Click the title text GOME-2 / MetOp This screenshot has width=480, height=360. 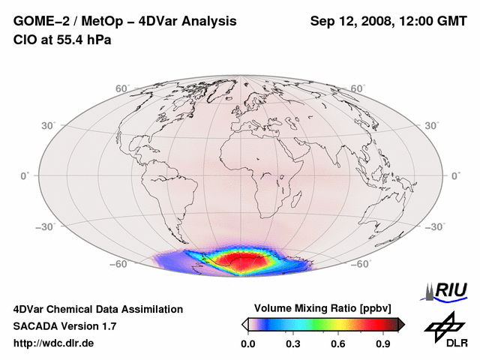pyautogui.click(x=61, y=21)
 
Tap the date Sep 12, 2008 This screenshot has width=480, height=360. pyautogui.click(x=351, y=21)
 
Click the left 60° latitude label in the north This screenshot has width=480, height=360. pyautogui.click(x=122, y=88)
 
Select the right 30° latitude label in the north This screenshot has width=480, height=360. pyautogui.click(x=433, y=124)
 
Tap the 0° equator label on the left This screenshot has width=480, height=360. pyautogui.click(x=25, y=175)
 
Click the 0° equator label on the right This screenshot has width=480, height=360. pyautogui.click(x=455, y=175)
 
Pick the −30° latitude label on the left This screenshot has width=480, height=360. pyautogui.click(x=45, y=226)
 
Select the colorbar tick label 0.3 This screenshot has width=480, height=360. pyautogui.click(x=293, y=344)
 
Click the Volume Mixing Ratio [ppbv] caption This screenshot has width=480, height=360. pyautogui.click(x=323, y=308)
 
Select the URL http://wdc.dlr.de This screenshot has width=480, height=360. pyautogui.click(x=54, y=343)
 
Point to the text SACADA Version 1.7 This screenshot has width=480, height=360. pyautogui.click(x=64, y=326)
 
